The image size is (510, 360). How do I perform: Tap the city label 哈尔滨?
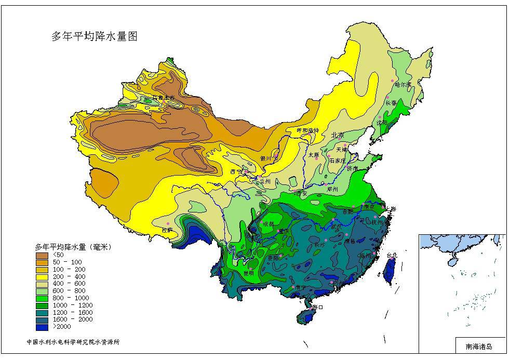click(x=402, y=84)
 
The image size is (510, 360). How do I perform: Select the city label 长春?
click(x=392, y=103)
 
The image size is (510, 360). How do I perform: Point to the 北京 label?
click(x=338, y=135)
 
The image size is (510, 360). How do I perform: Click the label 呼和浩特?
click(x=308, y=130)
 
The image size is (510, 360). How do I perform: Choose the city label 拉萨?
click(x=167, y=229)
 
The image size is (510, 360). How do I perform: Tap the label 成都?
click(x=268, y=224)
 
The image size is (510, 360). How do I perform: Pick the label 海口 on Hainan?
click(x=317, y=307)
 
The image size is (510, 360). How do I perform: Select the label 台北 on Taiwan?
click(x=391, y=255)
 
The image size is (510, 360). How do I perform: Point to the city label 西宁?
click(x=236, y=171)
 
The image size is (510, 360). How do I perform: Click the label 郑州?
click(x=332, y=190)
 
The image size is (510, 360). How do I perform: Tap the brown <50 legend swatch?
click(x=42, y=255)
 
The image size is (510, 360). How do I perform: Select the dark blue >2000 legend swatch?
click(x=42, y=327)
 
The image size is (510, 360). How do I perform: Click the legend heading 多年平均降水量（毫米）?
click(x=73, y=246)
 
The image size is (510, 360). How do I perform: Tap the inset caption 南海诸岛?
click(x=478, y=345)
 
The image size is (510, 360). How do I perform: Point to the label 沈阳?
click(x=382, y=123)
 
